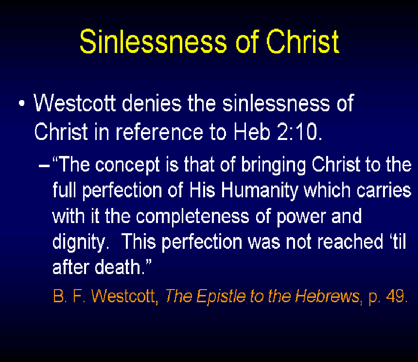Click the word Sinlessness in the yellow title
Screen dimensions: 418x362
153,41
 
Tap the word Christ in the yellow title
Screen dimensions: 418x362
303,41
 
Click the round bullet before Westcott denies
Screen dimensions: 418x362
21,103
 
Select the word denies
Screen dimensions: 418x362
152,103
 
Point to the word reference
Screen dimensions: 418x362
159,132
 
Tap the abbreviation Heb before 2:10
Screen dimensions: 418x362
252,132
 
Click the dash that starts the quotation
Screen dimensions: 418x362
44,166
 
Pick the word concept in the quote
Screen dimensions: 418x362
127,165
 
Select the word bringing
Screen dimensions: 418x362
273,165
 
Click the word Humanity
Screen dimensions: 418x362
259,191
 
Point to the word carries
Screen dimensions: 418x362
384,190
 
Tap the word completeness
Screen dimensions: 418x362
192,217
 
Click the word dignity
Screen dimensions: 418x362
81,242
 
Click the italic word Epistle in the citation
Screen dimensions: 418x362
221,296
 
